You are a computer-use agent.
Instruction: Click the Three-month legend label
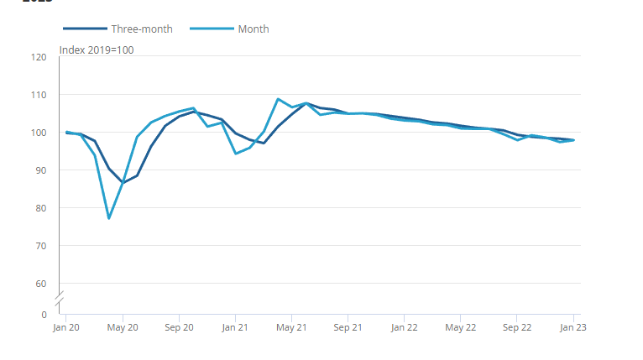point(142,29)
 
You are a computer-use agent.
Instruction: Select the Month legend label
point(254,29)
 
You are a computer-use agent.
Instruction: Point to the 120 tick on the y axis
point(39,57)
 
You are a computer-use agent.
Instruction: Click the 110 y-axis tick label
point(39,95)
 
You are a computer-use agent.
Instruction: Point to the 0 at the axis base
point(44,315)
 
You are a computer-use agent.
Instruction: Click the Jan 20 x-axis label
point(66,328)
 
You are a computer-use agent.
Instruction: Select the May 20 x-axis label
point(123,328)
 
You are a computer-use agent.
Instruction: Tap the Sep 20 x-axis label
point(179,328)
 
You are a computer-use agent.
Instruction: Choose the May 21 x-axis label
point(291,328)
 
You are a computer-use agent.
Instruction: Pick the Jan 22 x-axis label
point(404,328)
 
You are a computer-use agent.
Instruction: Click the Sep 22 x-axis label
point(517,328)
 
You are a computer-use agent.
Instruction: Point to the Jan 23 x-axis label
point(573,328)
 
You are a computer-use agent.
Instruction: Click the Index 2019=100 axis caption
point(97,50)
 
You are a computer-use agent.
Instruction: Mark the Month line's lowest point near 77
point(109,218)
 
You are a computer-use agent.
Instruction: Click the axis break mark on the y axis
point(60,298)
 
